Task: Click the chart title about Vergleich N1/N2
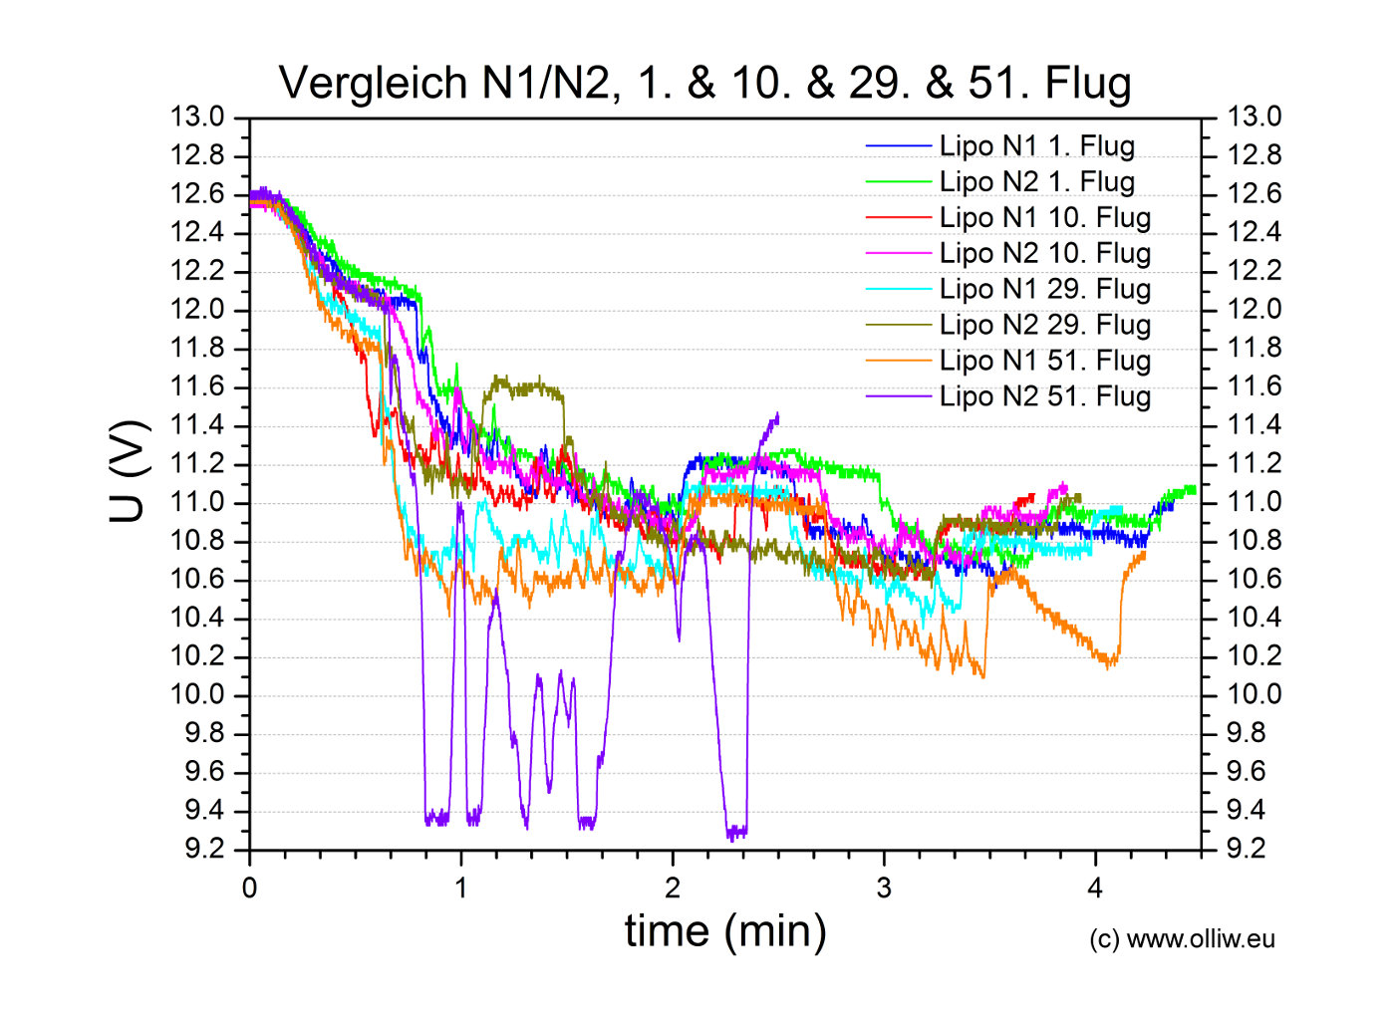click(x=704, y=83)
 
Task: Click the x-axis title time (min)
click(x=725, y=931)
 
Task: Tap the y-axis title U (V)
click(x=129, y=472)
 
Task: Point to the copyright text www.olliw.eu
click(x=1182, y=939)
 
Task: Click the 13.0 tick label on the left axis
click(x=197, y=118)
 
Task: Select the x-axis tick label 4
click(x=1095, y=889)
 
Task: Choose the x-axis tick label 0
click(x=249, y=889)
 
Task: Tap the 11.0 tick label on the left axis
click(x=197, y=502)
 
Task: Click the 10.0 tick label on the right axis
click(x=1254, y=694)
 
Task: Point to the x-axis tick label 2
click(x=673, y=889)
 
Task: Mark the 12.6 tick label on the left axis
click(x=197, y=194)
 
